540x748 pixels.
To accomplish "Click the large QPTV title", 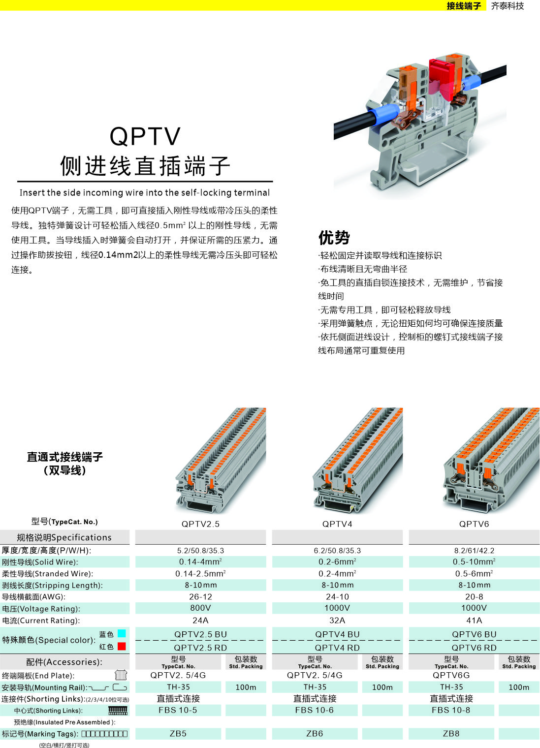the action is pos(145,136).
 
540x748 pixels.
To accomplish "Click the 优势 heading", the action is pos(334,238).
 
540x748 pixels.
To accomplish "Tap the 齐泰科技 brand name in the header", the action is pos(508,6).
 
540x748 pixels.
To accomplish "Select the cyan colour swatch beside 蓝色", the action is pos(122,633).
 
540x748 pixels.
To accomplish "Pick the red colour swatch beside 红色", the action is pos(122,646).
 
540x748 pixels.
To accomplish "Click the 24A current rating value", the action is pos(200,621).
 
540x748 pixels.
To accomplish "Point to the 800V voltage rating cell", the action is pos(200,608).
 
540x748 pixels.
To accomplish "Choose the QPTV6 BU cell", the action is pos(474,634).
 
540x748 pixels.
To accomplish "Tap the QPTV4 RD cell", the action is pos(337,648).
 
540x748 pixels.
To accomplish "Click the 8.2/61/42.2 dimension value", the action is pos(474,550).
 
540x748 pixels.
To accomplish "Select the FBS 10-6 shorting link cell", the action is pos(314,710).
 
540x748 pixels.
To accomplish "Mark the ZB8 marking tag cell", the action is pos(451,734).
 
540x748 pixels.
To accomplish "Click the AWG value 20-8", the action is pos(474,597).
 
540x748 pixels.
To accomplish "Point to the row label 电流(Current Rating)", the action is pos(41,621).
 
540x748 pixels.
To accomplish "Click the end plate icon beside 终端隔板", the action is pos(121,675).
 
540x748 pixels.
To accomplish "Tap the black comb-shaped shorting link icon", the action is pos(118,710).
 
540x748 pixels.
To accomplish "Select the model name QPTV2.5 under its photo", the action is pos(200,524).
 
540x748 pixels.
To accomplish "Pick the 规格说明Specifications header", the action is pos(64,537).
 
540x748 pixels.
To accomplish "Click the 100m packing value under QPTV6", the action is pos(519,687).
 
